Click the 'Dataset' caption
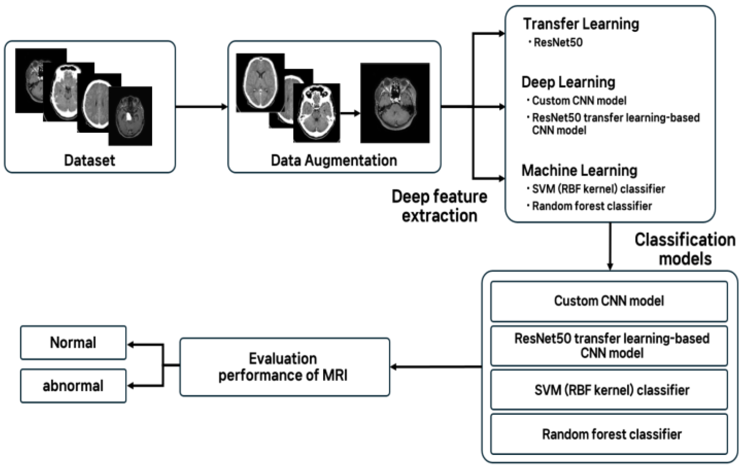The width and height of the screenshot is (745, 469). pyautogui.click(x=90, y=160)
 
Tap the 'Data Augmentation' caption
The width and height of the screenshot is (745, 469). pyautogui.click(x=334, y=160)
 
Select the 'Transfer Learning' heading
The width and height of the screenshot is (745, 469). pyautogui.click(x=581, y=24)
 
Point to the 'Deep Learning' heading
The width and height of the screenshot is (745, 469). pyautogui.click(x=568, y=82)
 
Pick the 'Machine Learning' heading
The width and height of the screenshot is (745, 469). pyautogui.click(x=579, y=170)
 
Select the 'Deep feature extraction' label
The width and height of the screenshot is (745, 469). pyautogui.click(x=440, y=206)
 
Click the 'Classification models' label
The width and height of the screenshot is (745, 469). pyautogui.click(x=685, y=249)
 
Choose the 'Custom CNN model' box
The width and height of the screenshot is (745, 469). pyautogui.click(x=609, y=301)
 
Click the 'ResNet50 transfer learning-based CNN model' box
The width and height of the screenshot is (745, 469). pyautogui.click(x=609, y=346)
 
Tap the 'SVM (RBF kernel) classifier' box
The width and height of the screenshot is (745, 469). pyautogui.click(x=609, y=390)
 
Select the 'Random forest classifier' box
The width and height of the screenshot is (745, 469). pyautogui.click(x=609, y=434)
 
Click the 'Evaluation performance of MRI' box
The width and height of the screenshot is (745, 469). pyautogui.click(x=285, y=367)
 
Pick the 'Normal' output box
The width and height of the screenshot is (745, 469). pyautogui.click(x=73, y=343)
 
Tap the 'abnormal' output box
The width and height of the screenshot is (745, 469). pyautogui.click(x=73, y=386)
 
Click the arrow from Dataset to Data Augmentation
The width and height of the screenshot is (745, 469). pyautogui.click(x=201, y=107)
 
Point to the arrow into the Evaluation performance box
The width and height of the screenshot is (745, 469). pyautogui.click(x=436, y=367)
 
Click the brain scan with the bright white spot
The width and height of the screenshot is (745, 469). pyautogui.click(x=130, y=116)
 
